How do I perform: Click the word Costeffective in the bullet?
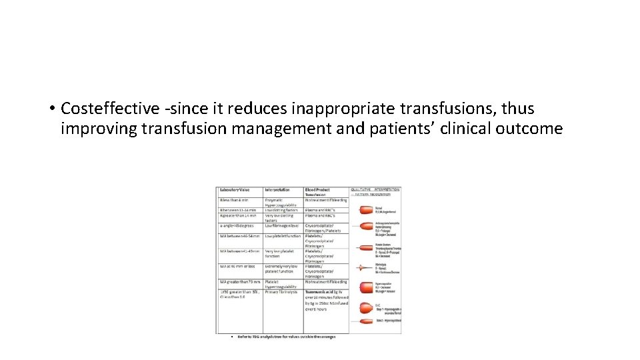point(109,108)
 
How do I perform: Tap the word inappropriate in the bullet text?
point(329,108)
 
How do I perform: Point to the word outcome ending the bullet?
point(529,128)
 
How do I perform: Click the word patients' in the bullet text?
point(391,128)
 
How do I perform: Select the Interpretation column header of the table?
point(280,190)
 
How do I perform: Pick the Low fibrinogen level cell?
point(283,225)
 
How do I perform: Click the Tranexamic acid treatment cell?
point(325,300)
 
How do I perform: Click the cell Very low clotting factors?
point(283,218)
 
